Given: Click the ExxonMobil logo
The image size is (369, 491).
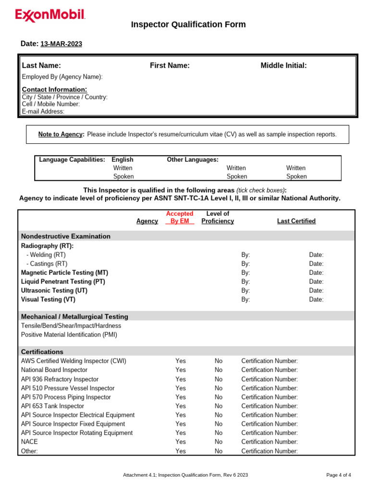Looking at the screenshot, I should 50,16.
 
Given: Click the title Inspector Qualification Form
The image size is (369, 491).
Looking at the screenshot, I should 188,24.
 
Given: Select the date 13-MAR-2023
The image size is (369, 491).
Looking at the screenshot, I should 61,44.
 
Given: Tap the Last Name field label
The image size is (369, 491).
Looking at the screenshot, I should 41,66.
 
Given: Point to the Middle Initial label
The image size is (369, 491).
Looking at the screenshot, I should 283,66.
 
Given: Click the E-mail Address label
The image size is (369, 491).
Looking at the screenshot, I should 43,111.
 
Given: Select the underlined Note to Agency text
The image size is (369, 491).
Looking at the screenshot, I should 61,134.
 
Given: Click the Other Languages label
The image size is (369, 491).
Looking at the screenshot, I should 192,159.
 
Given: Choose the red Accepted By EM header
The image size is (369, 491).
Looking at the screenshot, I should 180,217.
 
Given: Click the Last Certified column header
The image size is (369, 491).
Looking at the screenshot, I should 296,221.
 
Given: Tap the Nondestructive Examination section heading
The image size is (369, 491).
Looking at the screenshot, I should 66,236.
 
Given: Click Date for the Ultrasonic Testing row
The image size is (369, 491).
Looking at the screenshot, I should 316,291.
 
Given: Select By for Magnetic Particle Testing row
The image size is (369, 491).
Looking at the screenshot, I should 246,273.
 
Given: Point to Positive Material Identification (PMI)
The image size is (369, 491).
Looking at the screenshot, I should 69,335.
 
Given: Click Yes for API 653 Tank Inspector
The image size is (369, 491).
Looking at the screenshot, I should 181,406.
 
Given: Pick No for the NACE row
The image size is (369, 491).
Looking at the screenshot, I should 219,442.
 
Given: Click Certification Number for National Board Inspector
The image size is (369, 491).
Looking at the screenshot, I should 269,370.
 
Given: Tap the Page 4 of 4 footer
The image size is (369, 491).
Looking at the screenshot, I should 338,475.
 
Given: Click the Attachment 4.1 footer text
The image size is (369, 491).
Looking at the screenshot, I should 185,475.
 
